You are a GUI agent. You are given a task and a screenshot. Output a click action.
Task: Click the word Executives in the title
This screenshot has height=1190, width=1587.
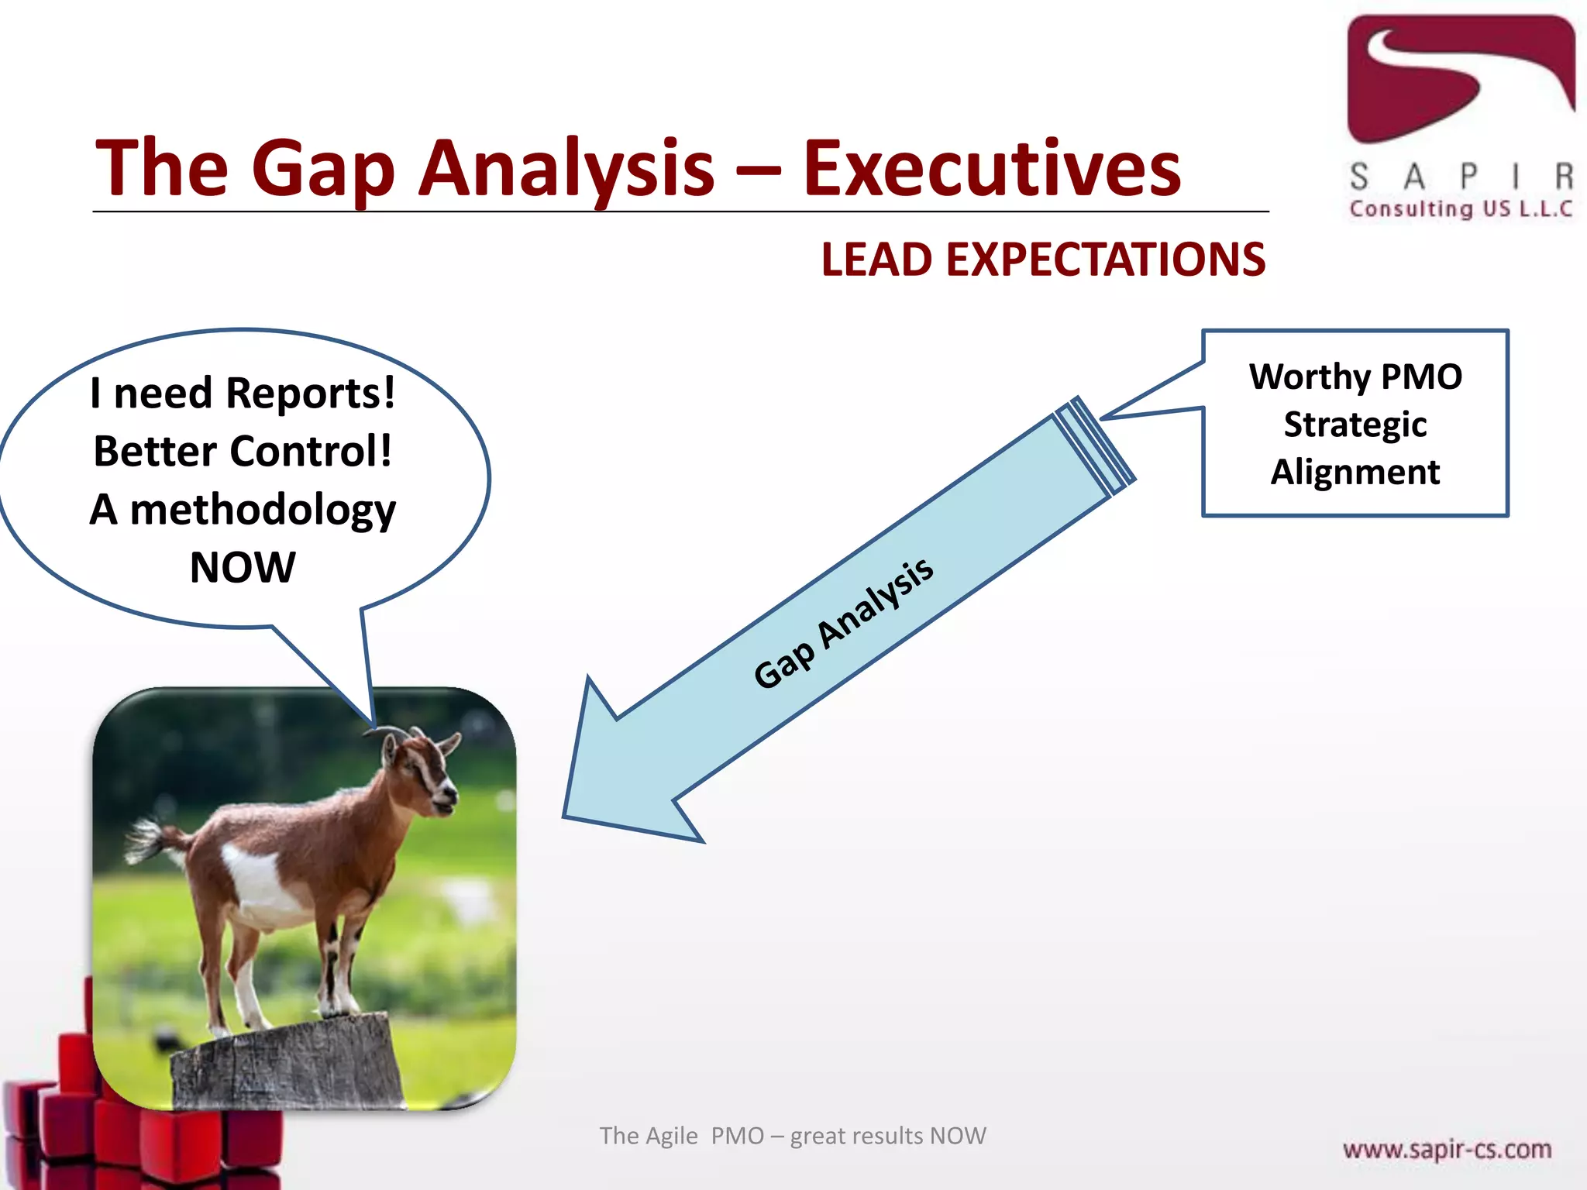(991, 169)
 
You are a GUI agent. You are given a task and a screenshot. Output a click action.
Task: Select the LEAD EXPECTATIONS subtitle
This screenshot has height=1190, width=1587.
(1043, 260)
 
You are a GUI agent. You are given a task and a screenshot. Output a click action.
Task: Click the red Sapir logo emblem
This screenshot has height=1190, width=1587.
(1460, 77)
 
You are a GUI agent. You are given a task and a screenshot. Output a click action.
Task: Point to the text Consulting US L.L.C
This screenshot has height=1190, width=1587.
(1460, 209)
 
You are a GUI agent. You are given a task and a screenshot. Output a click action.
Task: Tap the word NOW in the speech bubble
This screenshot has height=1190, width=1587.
(243, 567)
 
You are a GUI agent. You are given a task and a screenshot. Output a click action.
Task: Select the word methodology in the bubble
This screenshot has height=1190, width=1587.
(263, 511)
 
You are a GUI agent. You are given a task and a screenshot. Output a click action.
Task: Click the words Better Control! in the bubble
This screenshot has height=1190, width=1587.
(243, 452)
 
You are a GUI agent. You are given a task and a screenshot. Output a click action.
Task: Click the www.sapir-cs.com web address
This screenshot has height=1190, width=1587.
(1446, 1149)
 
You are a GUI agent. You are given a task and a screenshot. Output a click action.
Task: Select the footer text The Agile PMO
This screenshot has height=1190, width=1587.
(681, 1136)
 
